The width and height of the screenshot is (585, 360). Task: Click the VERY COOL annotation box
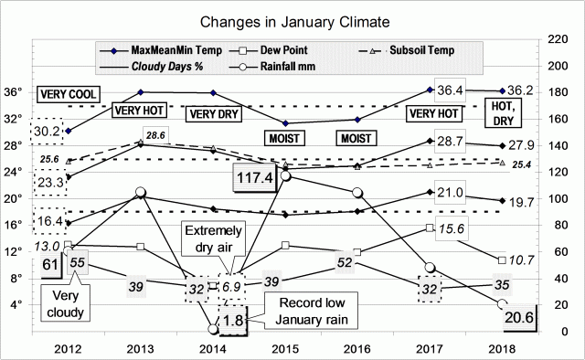[68, 94]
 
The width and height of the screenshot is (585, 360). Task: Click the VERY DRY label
[213, 114]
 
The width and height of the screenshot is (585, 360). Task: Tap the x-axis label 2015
[287, 347]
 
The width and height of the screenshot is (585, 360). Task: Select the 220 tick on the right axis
[555, 39]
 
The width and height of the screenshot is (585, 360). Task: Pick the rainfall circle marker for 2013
[140, 193]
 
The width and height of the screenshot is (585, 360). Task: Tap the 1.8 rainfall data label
[233, 322]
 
